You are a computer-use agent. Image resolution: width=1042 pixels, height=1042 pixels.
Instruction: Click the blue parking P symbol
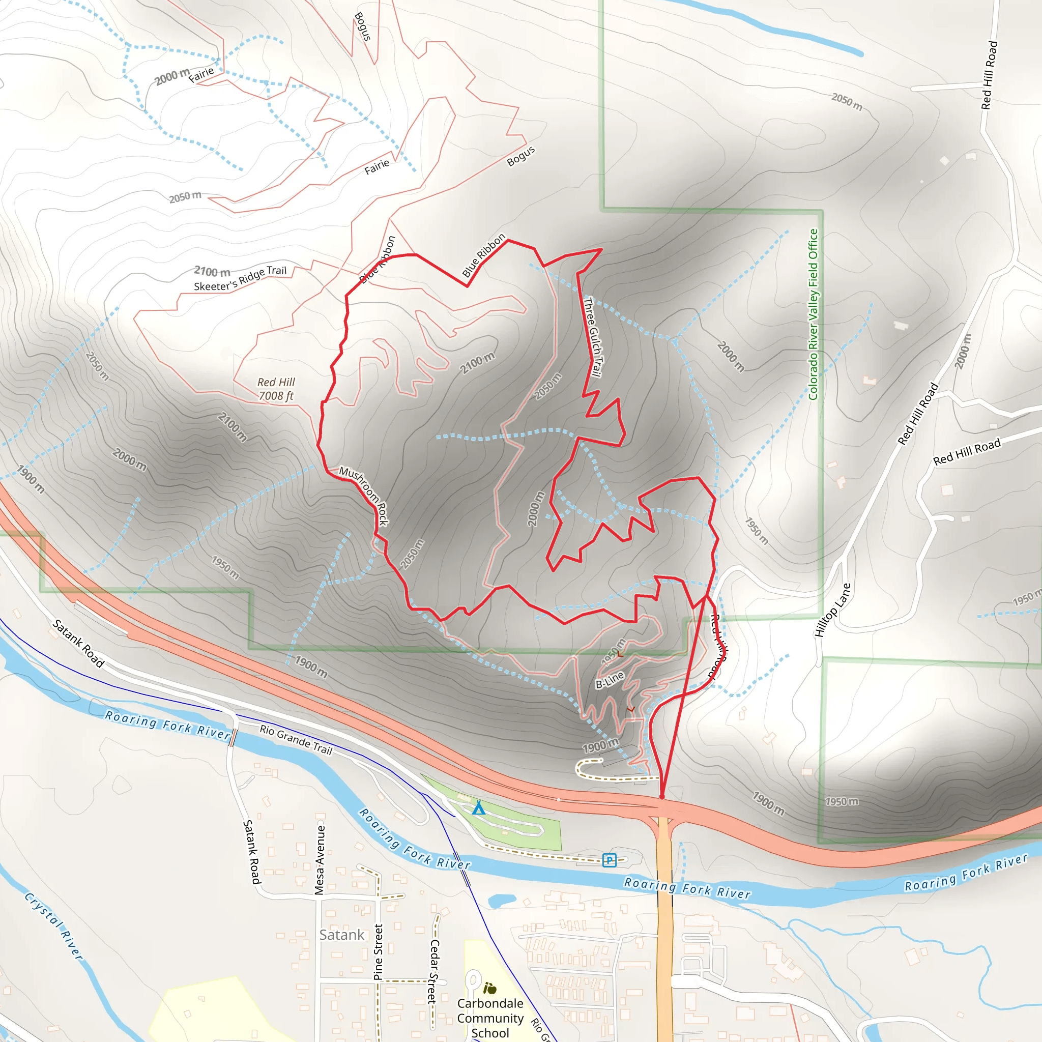pyautogui.click(x=609, y=860)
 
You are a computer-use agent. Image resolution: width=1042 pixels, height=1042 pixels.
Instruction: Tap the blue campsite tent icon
pyautogui.click(x=478, y=808)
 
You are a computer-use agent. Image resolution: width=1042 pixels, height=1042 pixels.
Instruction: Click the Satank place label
pyautogui.click(x=341, y=935)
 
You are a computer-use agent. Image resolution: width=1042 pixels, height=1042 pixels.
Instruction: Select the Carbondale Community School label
pyautogui.click(x=490, y=1018)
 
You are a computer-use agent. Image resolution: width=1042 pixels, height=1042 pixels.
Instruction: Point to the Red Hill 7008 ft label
pyautogui.click(x=276, y=389)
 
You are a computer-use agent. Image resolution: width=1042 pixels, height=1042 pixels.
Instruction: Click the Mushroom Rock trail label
pyautogui.click(x=363, y=495)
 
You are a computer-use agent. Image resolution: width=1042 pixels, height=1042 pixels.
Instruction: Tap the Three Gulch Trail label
pyautogui.click(x=593, y=337)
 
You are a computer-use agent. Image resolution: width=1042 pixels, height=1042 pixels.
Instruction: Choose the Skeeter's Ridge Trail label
pyautogui.click(x=240, y=278)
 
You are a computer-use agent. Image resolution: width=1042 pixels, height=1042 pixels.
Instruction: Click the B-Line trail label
pyautogui.click(x=610, y=680)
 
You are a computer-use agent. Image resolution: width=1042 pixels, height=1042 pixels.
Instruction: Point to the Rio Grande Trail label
pyautogui.click(x=296, y=739)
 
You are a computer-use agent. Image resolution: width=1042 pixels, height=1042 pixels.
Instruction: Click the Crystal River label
pyautogui.click(x=54, y=925)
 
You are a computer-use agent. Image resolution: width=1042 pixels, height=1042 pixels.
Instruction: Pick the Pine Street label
pyautogui.click(x=378, y=951)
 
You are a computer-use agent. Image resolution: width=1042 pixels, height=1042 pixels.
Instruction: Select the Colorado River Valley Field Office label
pyautogui.click(x=814, y=314)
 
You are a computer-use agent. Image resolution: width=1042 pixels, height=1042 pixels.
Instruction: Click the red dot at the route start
pyautogui.click(x=662, y=797)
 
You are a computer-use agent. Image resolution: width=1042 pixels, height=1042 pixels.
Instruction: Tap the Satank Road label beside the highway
pyautogui.click(x=78, y=643)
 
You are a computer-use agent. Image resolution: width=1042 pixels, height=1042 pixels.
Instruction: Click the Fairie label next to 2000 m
pyautogui.click(x=201, y=74)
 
